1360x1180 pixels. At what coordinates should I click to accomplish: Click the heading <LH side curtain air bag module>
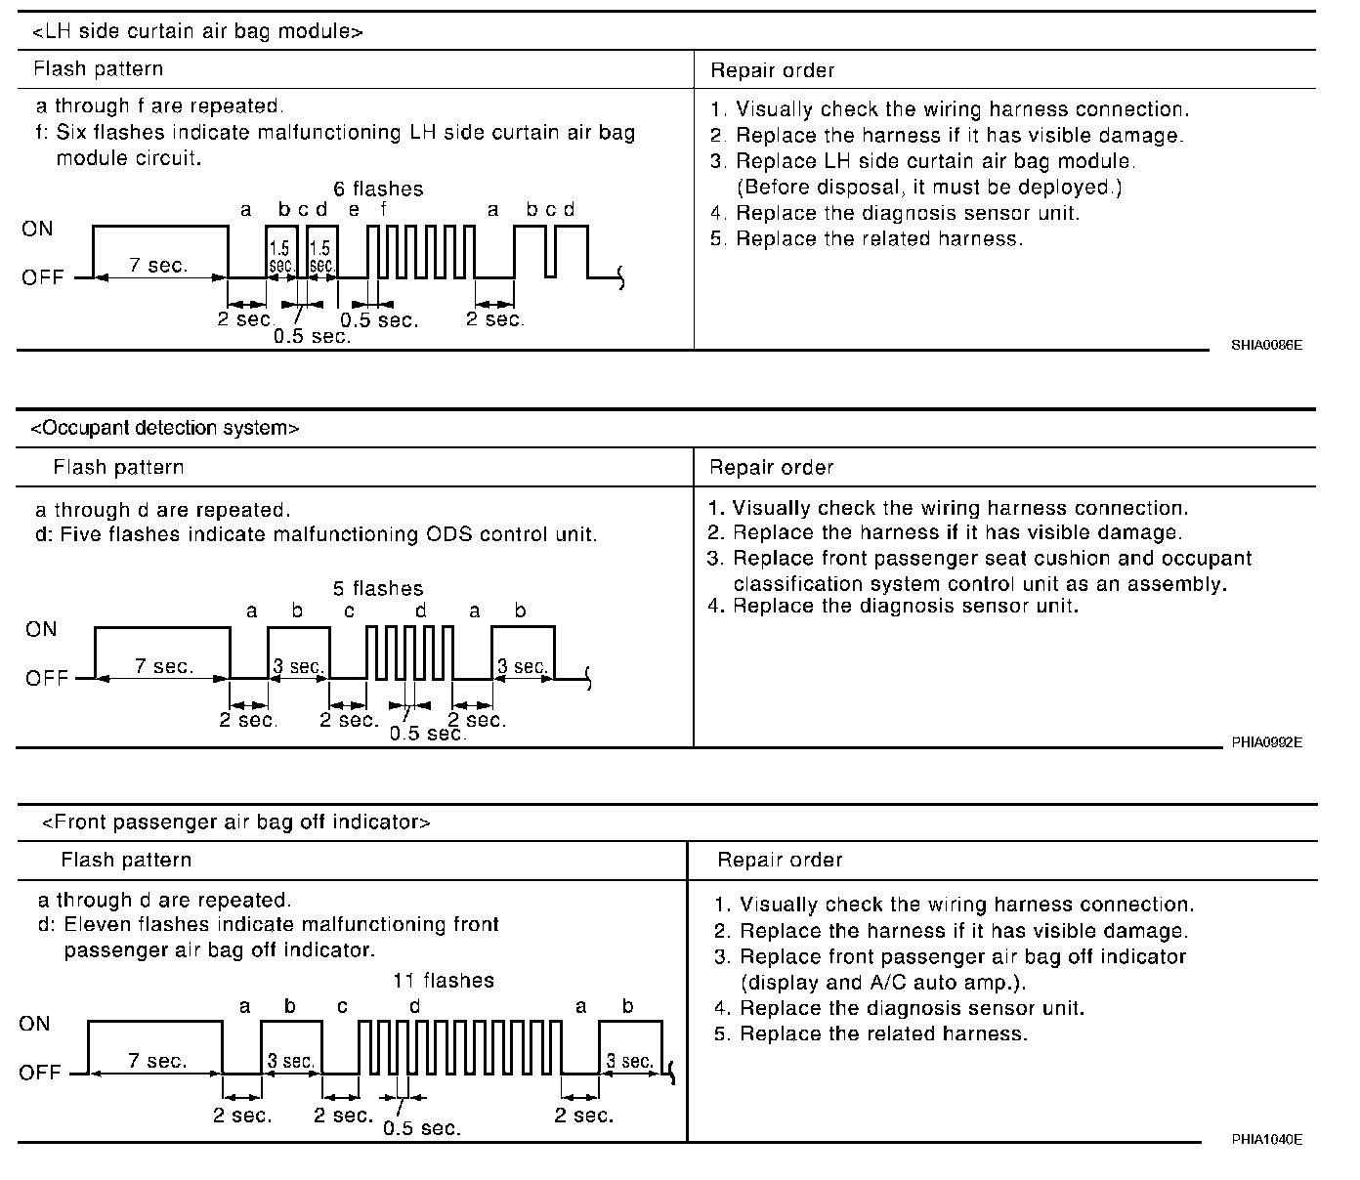(197, 31)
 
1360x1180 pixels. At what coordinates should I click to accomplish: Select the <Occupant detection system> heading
(165, 428)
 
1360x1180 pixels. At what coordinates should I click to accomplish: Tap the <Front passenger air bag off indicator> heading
(235, 822)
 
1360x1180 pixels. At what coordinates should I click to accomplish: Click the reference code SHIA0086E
(1266, 345)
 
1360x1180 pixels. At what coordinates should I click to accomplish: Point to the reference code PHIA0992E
(1266, 742)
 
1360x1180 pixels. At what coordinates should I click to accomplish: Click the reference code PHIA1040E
(1266, 1139)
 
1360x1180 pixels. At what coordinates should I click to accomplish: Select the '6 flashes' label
(378, 189)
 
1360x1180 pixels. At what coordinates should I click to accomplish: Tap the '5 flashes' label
(378, 588)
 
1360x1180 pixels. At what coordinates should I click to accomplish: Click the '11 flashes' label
(444, 980)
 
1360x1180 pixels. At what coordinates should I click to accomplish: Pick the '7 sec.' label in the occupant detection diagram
(164, 666)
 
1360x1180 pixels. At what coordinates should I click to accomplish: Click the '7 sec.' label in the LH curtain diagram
(158, 266)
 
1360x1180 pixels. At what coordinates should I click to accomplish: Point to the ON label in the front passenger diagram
(34, 1024)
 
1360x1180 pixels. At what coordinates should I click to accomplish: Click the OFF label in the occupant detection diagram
(46, 678)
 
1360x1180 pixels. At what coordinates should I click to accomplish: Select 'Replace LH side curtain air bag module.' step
(935, 161)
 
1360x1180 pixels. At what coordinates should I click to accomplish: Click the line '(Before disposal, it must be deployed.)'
(928, 187)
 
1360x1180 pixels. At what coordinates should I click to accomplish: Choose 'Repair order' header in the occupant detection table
(772, 467)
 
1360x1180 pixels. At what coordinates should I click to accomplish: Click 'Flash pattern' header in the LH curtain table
(98, 69)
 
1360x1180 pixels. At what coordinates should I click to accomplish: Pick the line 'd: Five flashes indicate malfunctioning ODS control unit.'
(316, 534)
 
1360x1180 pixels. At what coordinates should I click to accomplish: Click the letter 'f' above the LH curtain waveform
(383, 210)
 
